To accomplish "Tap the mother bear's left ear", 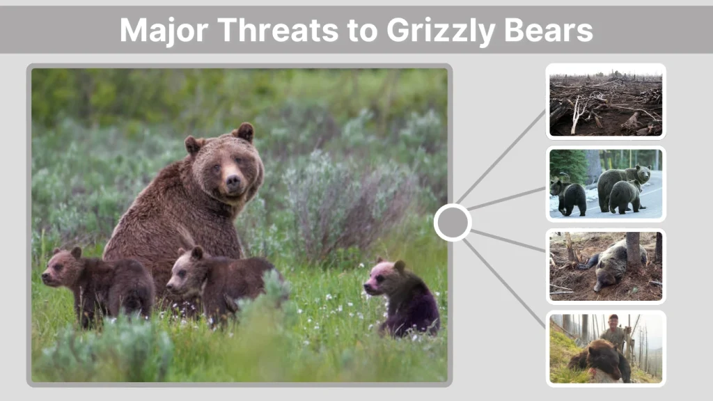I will click(244, 131).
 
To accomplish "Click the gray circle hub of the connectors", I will click(453, 223).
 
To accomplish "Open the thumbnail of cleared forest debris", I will click(605, 102).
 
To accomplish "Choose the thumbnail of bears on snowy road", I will click(605, 184).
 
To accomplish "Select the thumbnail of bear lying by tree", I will click(605, 266).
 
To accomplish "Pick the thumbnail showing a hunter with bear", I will click(605, 348).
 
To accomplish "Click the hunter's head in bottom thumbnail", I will click(613, 321).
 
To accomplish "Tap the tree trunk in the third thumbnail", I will click(633, 250).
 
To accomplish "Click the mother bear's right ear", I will click(192, 145).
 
